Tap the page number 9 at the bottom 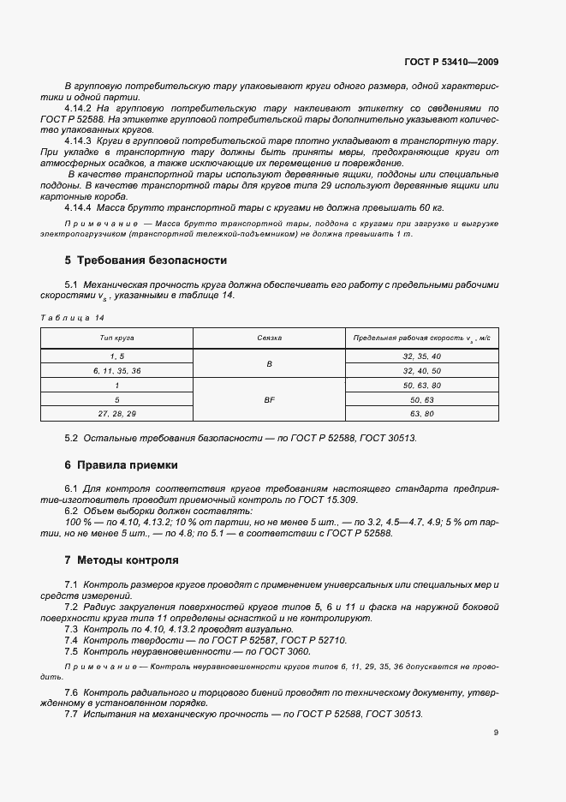click(x=496, y=733)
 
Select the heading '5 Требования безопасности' click(x=146, y=260)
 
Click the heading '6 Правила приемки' click(x=121, y=465)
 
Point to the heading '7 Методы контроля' click(x=122, y=560)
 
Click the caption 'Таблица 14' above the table click(x=66, y=318)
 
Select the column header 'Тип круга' click(x=116, y=338)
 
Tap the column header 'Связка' click(x=269, y=338)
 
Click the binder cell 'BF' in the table click(x=269, y=399)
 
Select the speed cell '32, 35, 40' click(x=420, y=356)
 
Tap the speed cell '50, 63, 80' click(x=420, y=385)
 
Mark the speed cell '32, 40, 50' click(x=420, y=370)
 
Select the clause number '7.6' click(x=72, y=691)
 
